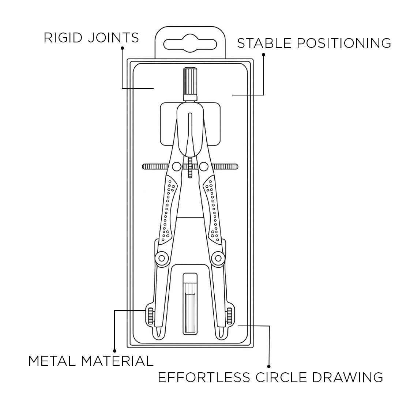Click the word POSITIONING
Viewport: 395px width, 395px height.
[343, 43]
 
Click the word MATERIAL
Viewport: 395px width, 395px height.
[117, 361]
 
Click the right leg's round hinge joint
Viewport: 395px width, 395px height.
[218, 259]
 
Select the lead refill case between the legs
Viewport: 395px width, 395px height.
[189, 304]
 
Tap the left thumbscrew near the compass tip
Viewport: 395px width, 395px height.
[150, 316]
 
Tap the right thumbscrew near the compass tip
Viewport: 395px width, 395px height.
[229, 316]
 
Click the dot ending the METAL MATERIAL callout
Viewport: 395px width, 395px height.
[114, 350]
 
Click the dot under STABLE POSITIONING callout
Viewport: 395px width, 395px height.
[263, 54]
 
